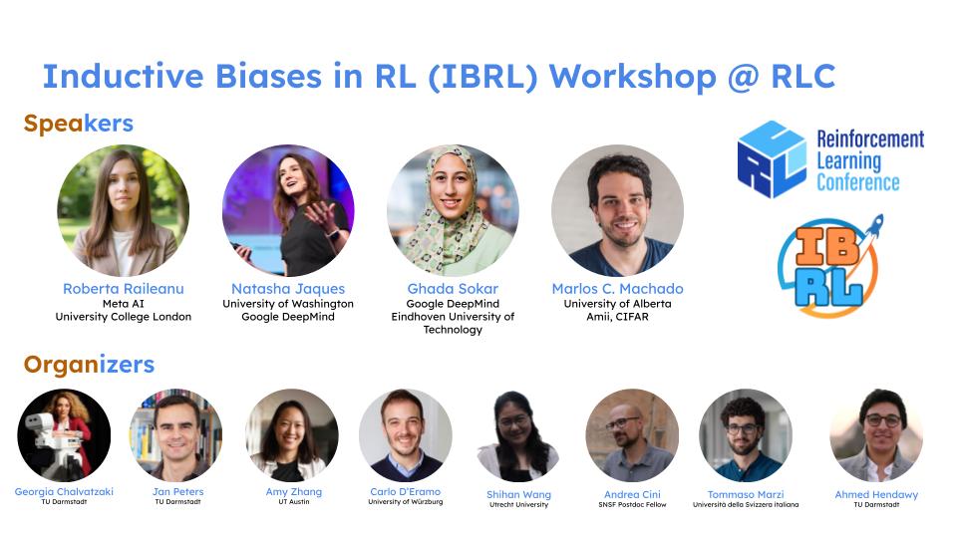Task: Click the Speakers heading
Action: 78,124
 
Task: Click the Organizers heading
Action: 89,365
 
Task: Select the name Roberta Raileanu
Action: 124,289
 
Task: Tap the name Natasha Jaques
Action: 288,289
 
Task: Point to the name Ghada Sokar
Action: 453,289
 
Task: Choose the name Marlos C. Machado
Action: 617,289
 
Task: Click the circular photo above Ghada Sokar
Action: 453,210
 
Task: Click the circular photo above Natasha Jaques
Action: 288,210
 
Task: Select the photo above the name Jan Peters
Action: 176,435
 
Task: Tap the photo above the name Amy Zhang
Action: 292,435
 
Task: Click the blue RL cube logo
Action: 772,158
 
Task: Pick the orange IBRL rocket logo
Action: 828,263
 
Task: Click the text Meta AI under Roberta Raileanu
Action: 124,304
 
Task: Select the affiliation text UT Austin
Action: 292,502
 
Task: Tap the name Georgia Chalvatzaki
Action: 65,492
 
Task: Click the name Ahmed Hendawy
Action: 876,494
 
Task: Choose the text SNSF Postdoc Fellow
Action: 632,504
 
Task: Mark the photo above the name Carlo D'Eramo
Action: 406,435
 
